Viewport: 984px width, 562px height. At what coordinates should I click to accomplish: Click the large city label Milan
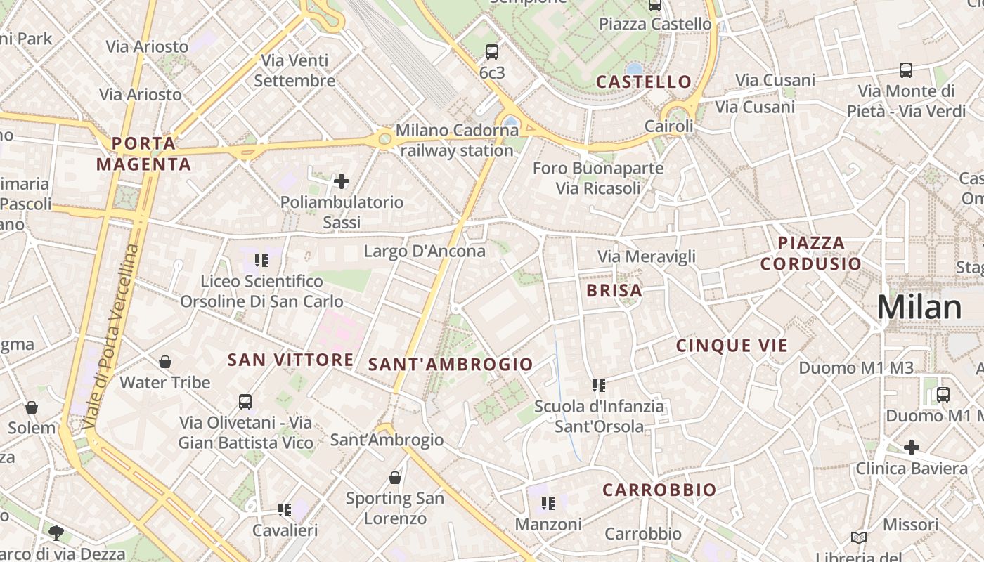919,308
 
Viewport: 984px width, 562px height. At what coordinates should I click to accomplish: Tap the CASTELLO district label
644,81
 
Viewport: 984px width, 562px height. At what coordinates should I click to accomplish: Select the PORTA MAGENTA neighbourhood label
143,154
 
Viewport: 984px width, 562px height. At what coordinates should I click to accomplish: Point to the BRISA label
614,290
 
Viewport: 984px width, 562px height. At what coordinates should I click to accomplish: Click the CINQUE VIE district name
732,346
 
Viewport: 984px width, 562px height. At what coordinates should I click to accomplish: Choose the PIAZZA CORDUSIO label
811,254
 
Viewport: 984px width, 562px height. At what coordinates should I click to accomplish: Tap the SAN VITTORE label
290,360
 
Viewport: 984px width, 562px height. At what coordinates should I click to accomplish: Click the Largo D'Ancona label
425,251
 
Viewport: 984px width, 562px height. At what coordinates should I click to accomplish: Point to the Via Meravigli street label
647,256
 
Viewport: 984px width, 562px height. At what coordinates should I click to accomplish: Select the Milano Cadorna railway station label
457,140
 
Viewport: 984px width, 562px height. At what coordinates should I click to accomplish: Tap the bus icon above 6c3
492,51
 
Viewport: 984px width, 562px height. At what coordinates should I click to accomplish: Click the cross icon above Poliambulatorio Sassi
342,182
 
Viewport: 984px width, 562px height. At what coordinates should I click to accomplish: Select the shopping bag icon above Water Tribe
165,362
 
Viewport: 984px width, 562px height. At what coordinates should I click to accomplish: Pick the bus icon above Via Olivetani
245,402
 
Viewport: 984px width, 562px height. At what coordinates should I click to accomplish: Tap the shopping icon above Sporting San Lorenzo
395,478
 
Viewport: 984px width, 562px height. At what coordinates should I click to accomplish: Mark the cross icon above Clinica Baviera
912,447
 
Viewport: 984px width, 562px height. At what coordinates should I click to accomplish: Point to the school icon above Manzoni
548,504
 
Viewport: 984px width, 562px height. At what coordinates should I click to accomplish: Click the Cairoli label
669,126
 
